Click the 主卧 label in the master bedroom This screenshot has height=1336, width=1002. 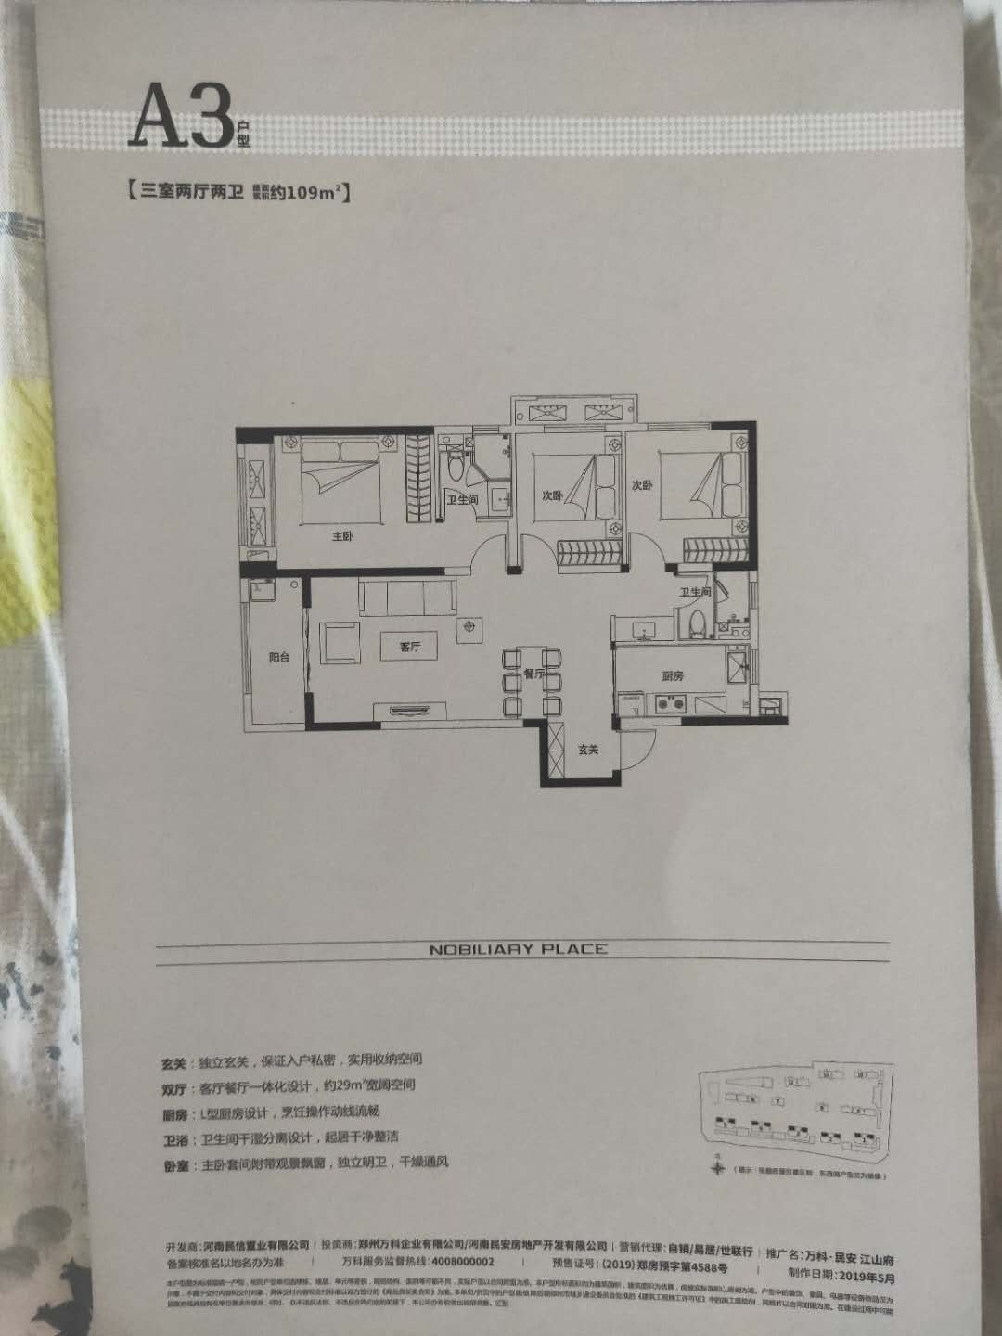pos(342,536)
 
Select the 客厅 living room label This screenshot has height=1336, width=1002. pos(410,648)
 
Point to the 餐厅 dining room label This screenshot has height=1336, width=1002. pos(532,674)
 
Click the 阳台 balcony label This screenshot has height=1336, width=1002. pos(278,656)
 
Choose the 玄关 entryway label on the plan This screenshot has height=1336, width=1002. pos(586,750)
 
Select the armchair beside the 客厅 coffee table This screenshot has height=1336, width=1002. pos(340,642)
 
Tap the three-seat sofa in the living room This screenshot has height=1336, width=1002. pos(406,598)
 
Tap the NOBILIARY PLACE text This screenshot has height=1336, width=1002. pos(518,948)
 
